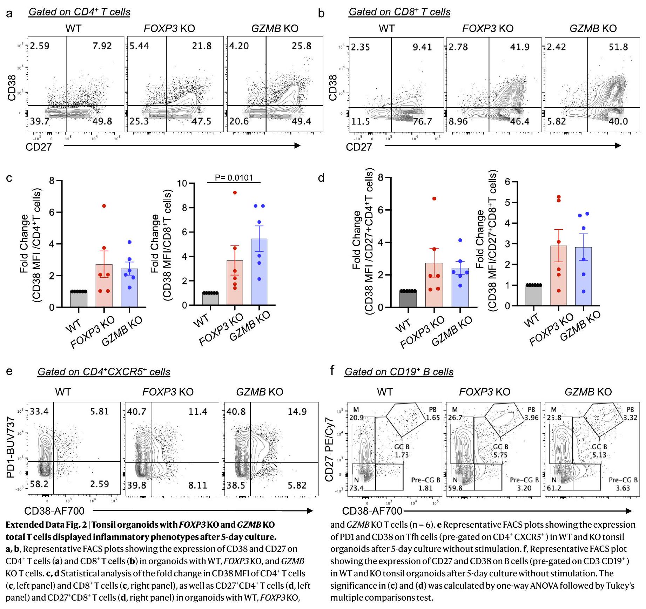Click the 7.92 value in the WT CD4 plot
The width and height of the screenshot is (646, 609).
102,46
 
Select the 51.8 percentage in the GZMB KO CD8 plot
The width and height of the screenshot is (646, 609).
618,47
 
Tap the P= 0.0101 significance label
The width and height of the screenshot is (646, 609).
234,177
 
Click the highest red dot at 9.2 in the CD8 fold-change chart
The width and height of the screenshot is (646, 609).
235,192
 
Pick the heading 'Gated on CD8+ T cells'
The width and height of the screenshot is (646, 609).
399,12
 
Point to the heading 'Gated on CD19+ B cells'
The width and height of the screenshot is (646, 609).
399,372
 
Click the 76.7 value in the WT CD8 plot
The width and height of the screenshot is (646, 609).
422,122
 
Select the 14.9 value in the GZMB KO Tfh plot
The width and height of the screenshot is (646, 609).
297,411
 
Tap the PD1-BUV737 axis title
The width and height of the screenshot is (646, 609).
11,447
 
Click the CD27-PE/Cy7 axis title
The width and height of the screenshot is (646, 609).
329,449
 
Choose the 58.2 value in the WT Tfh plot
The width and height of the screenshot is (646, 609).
39,484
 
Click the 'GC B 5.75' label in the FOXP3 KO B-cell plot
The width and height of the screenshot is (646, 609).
500,451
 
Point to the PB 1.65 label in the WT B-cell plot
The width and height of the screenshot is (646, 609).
433,414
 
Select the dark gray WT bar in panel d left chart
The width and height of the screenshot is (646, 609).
408,299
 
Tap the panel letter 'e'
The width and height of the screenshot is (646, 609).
9,371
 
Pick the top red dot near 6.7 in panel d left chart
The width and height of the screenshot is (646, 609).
434,198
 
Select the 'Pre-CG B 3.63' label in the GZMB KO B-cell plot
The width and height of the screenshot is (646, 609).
623,484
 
